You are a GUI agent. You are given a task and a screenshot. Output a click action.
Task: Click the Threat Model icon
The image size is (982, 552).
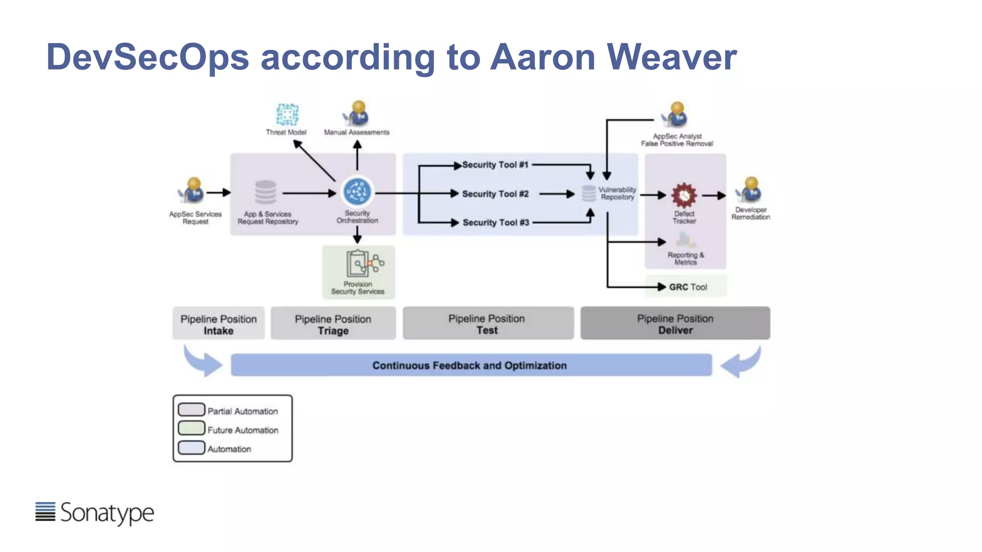pos(287,115)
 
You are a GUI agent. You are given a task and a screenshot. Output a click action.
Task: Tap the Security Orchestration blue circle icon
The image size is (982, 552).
pos(357,192)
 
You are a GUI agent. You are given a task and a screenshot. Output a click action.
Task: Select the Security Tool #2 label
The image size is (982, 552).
pos(495,194)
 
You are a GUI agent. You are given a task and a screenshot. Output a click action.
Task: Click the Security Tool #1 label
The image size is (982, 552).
pos(495,165)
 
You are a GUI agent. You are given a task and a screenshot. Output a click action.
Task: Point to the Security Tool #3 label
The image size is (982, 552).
pos(495,222)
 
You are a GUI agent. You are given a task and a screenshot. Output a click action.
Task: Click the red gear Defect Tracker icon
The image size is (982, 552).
pos(684,195)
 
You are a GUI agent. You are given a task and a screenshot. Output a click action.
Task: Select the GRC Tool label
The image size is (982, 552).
pos(688,287)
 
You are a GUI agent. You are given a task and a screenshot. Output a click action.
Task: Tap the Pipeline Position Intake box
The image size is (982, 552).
pos(219,324)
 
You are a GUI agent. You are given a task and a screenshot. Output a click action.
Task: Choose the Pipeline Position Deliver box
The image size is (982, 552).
pos(675,324)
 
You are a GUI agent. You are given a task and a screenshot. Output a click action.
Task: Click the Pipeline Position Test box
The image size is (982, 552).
pos(488,324)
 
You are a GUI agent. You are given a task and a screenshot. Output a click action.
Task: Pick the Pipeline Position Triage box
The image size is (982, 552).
pos(333,324)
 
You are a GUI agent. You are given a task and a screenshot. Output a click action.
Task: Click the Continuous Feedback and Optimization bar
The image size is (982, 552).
pos(470,365)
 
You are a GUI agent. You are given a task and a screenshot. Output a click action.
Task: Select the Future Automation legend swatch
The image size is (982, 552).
pos(191,428)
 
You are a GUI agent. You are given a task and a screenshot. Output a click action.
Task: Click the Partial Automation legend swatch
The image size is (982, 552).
pos(191,409)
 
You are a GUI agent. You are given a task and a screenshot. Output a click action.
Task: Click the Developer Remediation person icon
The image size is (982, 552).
pos(750,190)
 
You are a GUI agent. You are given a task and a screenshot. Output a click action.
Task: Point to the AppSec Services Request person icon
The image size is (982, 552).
pos(193,190)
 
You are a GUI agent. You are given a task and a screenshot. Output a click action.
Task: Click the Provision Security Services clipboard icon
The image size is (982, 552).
pos(358,263)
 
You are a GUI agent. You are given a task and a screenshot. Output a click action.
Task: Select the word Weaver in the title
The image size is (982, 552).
pos(671,57)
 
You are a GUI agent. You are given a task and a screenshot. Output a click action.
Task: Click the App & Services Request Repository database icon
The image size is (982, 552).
pos(265,193)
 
